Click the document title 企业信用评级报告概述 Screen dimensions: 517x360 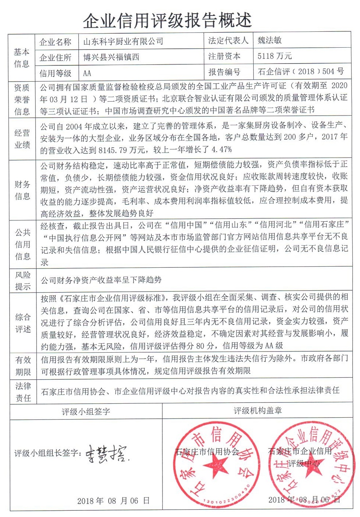click(167, 20)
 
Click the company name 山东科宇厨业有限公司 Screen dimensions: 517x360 click(123, 41)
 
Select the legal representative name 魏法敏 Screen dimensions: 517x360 click(270, 40)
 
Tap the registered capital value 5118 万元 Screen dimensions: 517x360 click(275, 56)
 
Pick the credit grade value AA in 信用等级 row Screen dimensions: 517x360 click(87, 73)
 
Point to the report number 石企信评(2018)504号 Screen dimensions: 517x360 click(301, 71)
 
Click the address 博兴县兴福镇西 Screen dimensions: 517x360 click(111, 57)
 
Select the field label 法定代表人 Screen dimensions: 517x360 click(228, 40)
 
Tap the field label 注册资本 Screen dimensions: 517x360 click(224, 56)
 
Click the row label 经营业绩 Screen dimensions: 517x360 click(22, 139)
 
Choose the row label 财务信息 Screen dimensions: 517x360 click(22, 190)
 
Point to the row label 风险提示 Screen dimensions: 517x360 click(23, 281)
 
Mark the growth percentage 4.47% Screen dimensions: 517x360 click(222, 150)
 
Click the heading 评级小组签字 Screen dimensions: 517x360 click(86, 411)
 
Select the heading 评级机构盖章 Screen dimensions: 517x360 click(257, 411)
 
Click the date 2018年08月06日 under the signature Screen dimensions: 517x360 click(113, 501)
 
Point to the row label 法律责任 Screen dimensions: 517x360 click(23, 392)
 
